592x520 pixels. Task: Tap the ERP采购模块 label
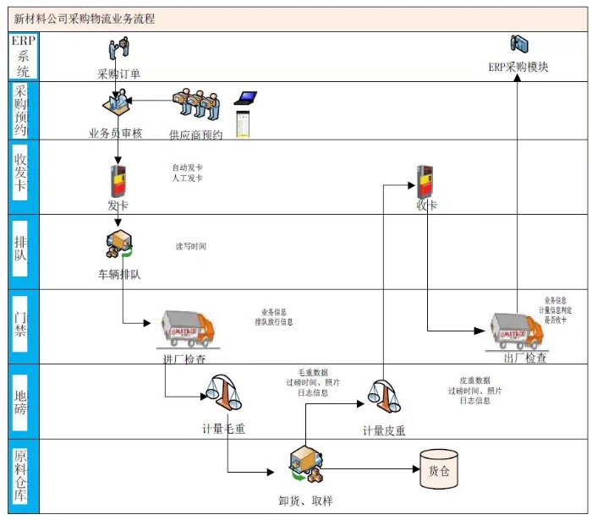[518, 67]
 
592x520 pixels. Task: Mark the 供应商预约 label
[195, 134]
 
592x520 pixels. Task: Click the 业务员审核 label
[116, 133]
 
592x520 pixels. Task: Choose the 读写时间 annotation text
[190, 247]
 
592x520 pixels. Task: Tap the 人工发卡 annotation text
[188, 178]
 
